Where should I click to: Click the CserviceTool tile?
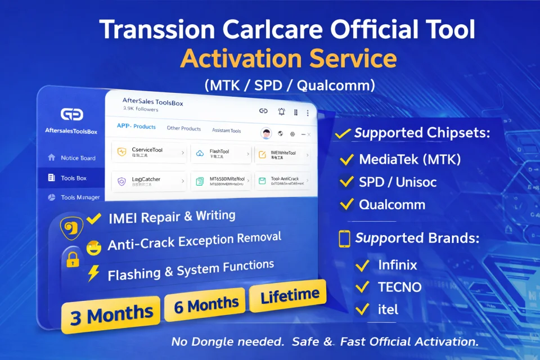[149, 152]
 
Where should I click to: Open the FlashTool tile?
[221, 154]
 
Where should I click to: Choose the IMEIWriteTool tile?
[283, 154]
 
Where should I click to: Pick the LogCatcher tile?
[149, 182]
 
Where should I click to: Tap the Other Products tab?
[183, 128]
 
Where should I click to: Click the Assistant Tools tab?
[226, 130]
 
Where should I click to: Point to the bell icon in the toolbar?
[282, 112]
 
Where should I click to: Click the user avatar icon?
[267, 133]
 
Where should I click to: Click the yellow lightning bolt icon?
[93, 273]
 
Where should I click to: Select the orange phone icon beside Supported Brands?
[344, 238]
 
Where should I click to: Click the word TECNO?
[399, 287]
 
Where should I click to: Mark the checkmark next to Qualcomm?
[347, 204]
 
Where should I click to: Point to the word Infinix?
[398, 265]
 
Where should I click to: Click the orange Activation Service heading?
[288, 59]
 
